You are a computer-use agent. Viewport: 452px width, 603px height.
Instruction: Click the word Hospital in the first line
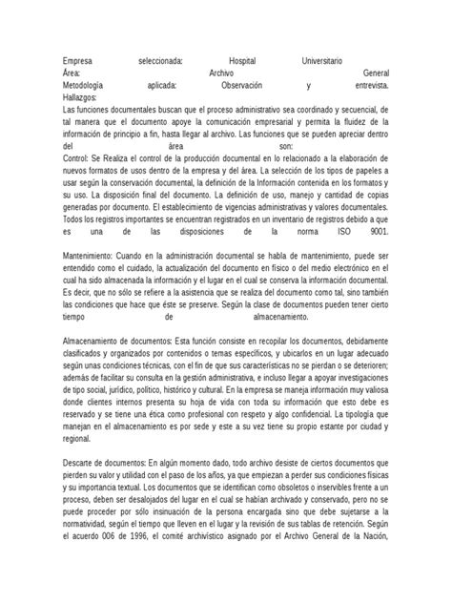point(250,60)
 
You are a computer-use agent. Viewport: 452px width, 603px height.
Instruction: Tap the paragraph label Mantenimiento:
point(91,257)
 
